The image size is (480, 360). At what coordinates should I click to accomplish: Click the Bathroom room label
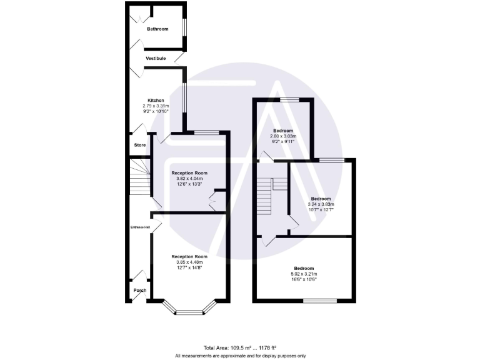(x=157, y=29)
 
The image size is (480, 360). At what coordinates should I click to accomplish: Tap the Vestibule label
(x=156, y=58)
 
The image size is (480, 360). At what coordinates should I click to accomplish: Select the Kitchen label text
(x=156, y=101)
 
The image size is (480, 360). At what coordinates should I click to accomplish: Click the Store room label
(x=140, y=145)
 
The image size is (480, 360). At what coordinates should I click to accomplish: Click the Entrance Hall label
(x=139, y=227)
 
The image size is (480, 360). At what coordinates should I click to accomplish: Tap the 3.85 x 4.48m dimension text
(x=189, y=262)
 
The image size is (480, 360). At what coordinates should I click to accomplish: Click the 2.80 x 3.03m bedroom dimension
(x=282, y=136)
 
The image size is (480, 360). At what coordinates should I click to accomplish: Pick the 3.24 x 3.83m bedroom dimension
(x=321, y=204)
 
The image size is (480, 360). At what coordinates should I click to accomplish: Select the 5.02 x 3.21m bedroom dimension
(x=304, y=274)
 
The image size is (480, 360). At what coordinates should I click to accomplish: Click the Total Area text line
(x=240, y=347)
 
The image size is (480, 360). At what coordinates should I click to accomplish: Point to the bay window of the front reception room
(x=189, y=309)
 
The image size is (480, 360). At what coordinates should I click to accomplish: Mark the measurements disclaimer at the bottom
(x=240, y=355)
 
